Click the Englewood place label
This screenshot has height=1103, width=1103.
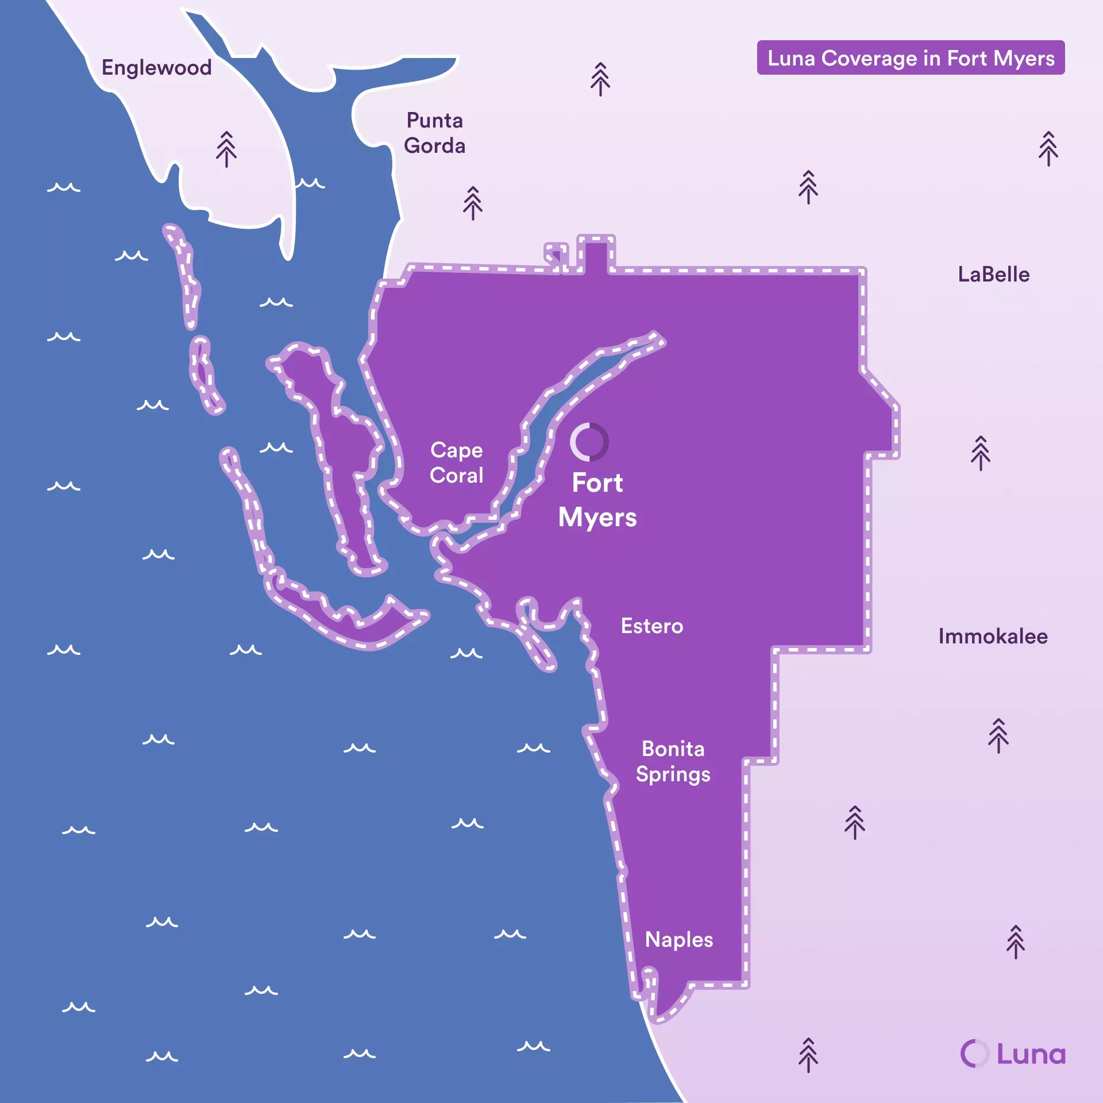click(156, 68)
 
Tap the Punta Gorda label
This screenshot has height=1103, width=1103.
click(434, 133)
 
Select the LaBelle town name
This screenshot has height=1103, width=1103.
click(993, 275)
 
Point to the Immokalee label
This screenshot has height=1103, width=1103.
click(993, 637)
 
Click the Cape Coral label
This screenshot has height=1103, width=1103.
click(457, 462)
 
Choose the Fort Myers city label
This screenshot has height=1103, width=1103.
click(597, 500)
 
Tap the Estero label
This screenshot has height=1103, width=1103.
click(652, 626)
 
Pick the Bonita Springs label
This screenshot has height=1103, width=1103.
click(673, 762)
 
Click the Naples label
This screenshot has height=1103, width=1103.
click(679, 940)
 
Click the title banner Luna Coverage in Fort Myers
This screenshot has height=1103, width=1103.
click(911, 58)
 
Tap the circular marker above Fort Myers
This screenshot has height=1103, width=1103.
click(589, 442)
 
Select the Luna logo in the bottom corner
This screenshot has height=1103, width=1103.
click(1013, 1054)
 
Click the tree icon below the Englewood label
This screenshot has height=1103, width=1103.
click(226, 149)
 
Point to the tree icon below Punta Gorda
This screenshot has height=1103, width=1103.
click(473, 203)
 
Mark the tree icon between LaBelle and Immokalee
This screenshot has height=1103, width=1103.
click(981, 453)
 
